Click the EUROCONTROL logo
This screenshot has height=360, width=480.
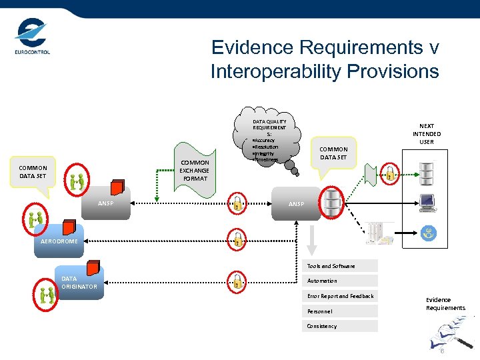32,37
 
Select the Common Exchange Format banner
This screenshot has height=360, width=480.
194,170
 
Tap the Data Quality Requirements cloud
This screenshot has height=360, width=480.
269,140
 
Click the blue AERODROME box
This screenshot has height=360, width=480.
61,241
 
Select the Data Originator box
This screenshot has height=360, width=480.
79,283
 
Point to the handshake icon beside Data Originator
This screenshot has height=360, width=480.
47,293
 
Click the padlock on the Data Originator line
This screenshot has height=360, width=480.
237,280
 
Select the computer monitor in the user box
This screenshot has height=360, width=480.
427,201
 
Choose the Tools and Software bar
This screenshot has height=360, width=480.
340,266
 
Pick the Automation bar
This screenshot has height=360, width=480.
340,281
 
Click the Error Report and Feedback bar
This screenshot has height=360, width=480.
340,296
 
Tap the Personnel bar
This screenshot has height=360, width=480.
340,311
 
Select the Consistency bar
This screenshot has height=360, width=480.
340,326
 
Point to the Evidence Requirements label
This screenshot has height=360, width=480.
445,304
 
